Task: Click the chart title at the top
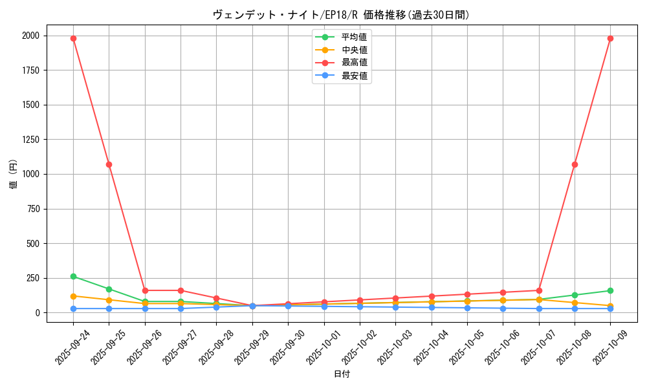[341, 15]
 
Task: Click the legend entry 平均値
[354, 37]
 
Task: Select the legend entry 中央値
[354, 50]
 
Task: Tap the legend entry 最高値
[354, 63]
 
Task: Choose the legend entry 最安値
[354, 76]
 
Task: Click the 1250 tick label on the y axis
[31, 140]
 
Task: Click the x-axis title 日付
[342, 374]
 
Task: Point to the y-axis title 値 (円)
[14, 174]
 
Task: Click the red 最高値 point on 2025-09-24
[73, 38]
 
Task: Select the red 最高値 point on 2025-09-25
[109, 164]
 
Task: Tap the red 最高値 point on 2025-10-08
[575, 164]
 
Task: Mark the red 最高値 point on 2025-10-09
[610, 38]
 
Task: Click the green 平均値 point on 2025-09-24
[73, 276]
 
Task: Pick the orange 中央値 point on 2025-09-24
[73, 296]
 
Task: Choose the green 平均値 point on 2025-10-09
[610, 290]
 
